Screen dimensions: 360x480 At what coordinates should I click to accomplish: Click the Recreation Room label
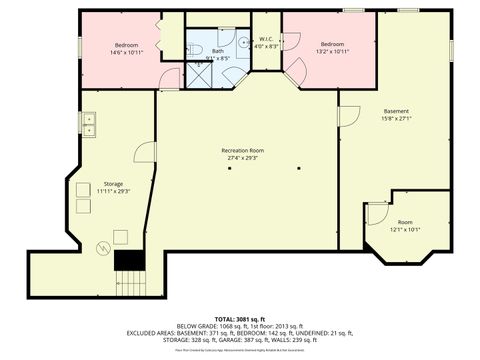242,150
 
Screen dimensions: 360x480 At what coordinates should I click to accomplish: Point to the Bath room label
218,50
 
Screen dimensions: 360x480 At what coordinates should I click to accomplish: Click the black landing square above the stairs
130,261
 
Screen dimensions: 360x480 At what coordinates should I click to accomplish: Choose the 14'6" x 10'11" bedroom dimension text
126,53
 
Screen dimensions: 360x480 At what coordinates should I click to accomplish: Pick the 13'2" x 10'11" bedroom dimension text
333,53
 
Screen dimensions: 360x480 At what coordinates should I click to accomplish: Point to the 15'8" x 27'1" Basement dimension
397,118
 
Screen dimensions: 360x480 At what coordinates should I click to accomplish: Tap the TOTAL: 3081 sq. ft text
240,317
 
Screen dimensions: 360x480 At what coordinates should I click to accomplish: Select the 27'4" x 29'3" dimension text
242,158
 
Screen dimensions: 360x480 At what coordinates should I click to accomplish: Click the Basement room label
397,110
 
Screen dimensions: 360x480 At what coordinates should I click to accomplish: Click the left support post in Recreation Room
228,168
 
